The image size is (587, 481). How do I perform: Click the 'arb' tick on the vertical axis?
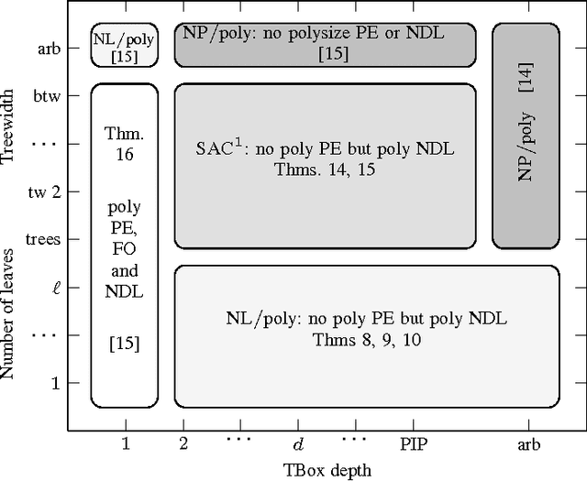(x=50, y=47)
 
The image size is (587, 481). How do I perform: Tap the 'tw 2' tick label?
(x=45, y=191)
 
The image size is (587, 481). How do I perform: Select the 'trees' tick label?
(x=43, y=239)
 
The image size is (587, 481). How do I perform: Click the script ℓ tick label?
(x=55, y=287)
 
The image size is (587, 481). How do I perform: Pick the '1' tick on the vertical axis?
(x=55, y=382)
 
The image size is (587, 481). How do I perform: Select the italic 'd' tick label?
(x=297, y=444)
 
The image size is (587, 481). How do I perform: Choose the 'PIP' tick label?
(x=413, y=444)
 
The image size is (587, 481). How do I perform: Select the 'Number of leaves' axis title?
(x=10, y=312)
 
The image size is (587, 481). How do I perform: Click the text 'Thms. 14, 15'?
(x=325, y=169)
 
